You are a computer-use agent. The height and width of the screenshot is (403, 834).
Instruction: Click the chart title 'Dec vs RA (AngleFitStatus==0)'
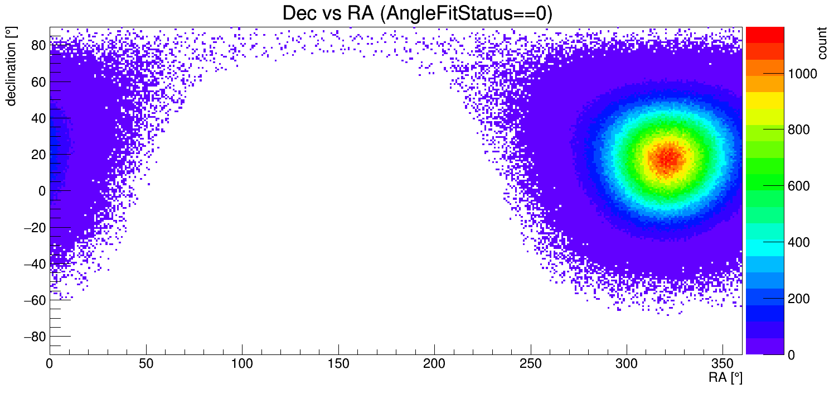pos(417,13)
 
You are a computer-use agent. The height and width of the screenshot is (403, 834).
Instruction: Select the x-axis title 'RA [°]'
pos(725,378)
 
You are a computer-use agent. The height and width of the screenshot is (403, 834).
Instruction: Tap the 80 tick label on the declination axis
pos(38,46)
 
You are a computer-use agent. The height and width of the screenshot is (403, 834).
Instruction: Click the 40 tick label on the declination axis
pos(38,118)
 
